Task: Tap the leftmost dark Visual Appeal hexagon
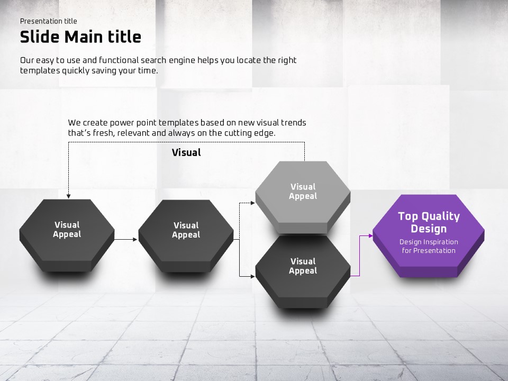67,235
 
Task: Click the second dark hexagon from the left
186,235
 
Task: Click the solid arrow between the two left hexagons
126,239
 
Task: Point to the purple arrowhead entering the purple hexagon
371,236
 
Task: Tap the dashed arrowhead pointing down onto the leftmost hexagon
68,196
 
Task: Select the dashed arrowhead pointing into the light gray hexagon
253,203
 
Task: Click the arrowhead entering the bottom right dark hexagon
253,276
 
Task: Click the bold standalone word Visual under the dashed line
186,152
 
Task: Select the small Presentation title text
49,21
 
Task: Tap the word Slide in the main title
40,37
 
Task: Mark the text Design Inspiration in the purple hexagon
429,242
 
